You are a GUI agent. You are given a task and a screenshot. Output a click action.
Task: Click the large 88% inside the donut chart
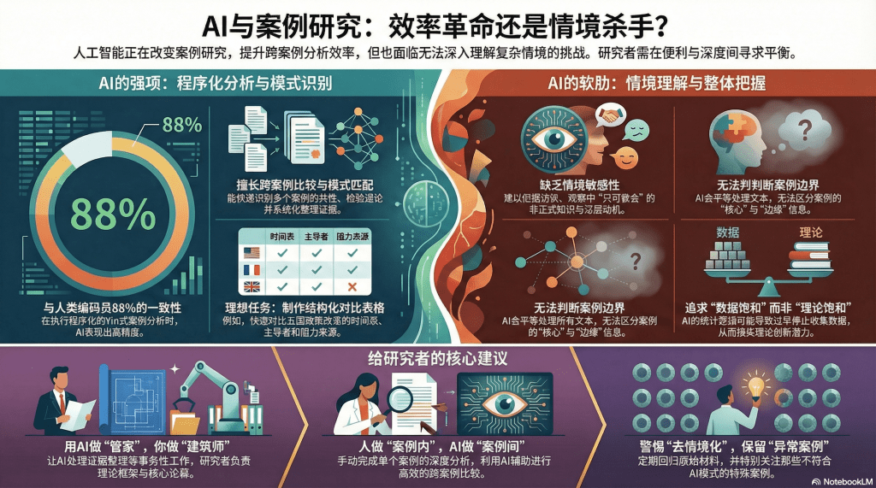click(x=101, y=210)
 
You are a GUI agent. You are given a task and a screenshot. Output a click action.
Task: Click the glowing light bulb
click(x=755, y=385)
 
